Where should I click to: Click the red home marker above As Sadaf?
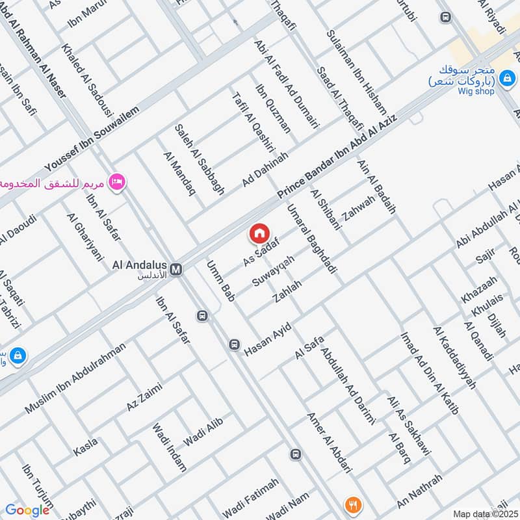pos(259,233)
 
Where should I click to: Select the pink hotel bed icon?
pos(117,181)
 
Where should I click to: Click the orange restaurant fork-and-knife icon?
pos(353,504)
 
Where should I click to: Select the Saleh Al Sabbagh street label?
pos(199,159)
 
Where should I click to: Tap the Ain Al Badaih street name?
pos(376,187)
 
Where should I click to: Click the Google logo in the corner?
pos(27,510)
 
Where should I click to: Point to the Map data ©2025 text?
pos(484,513)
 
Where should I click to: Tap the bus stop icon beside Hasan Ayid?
pos(234,344)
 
